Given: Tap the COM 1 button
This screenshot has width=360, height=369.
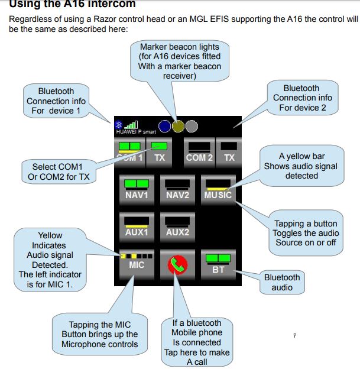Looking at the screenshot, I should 128,152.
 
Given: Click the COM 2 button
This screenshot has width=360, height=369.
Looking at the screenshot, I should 199,152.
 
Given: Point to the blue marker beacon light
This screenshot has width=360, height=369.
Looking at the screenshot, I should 165,126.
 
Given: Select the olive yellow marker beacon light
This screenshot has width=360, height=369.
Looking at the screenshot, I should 178,126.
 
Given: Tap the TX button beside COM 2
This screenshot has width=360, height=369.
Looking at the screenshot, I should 229,152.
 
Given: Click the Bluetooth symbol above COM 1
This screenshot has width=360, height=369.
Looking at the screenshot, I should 117,125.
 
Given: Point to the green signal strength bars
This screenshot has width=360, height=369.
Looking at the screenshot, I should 130,125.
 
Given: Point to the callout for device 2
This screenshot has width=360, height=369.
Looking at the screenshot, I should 303,98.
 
